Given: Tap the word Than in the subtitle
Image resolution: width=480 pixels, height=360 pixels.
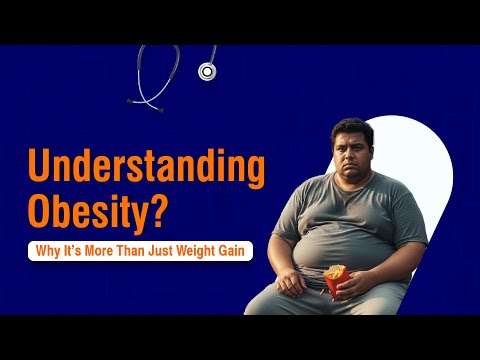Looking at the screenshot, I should (x=135, y=250).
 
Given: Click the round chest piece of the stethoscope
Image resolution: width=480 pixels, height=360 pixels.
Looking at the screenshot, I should (x=208, y=71).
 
